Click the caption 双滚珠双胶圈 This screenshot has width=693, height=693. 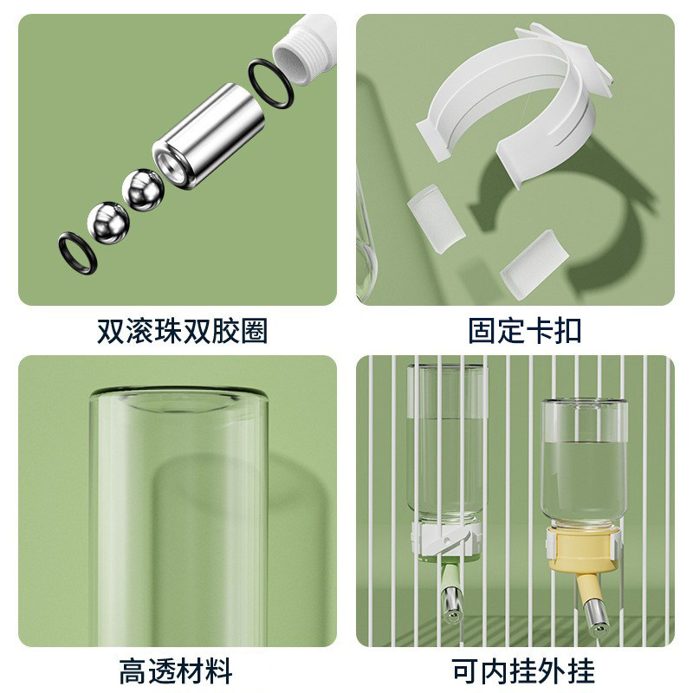[182, 331]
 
